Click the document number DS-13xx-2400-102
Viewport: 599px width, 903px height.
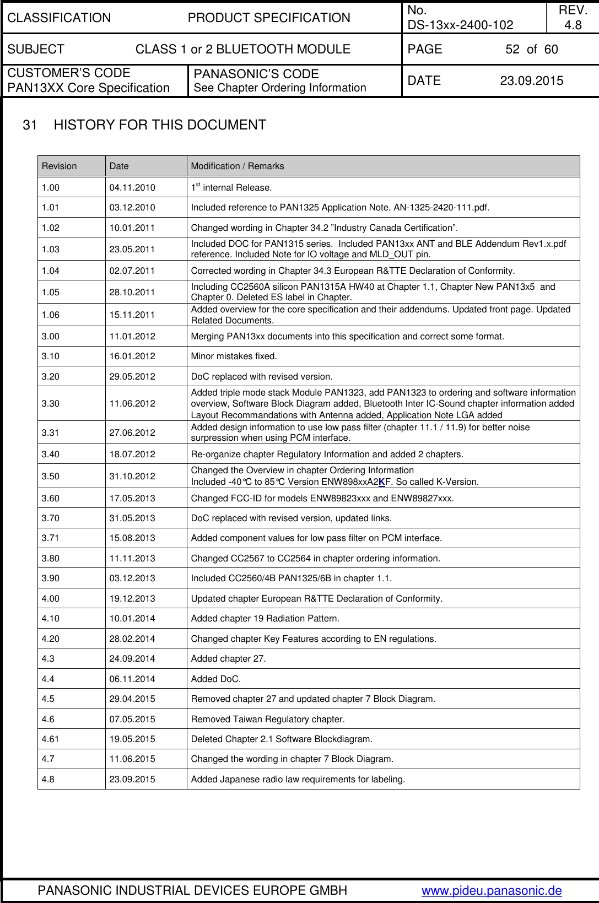point(460,25)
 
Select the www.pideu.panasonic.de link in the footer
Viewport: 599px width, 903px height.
point(492,890)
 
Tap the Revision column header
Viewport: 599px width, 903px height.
point(60,166)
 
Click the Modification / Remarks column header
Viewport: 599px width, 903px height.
point(238,166)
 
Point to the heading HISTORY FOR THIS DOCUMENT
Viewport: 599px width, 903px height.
point(160,125)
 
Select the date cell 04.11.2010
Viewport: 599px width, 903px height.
point(132,187)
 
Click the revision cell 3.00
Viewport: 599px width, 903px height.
point(51,336)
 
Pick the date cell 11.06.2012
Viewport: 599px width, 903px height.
point(132,403)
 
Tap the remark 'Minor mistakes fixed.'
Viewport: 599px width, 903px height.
point(234,356)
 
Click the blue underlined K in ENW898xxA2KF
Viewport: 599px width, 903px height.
point(381,482)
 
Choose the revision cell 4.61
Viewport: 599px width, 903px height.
point(51,739)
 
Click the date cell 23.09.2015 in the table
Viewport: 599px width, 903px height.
point(132,779)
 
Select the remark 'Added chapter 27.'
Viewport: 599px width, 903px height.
point(228,658)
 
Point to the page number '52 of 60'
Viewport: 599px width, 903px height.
point(531,50)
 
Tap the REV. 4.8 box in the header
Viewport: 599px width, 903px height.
point(573,18)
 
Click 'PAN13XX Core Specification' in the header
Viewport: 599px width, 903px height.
point(88,88)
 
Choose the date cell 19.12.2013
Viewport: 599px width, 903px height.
point(132,598)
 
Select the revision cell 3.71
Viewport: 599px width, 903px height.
point(51,538)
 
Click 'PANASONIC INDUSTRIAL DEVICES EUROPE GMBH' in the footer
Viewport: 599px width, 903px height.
point(192,890)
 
